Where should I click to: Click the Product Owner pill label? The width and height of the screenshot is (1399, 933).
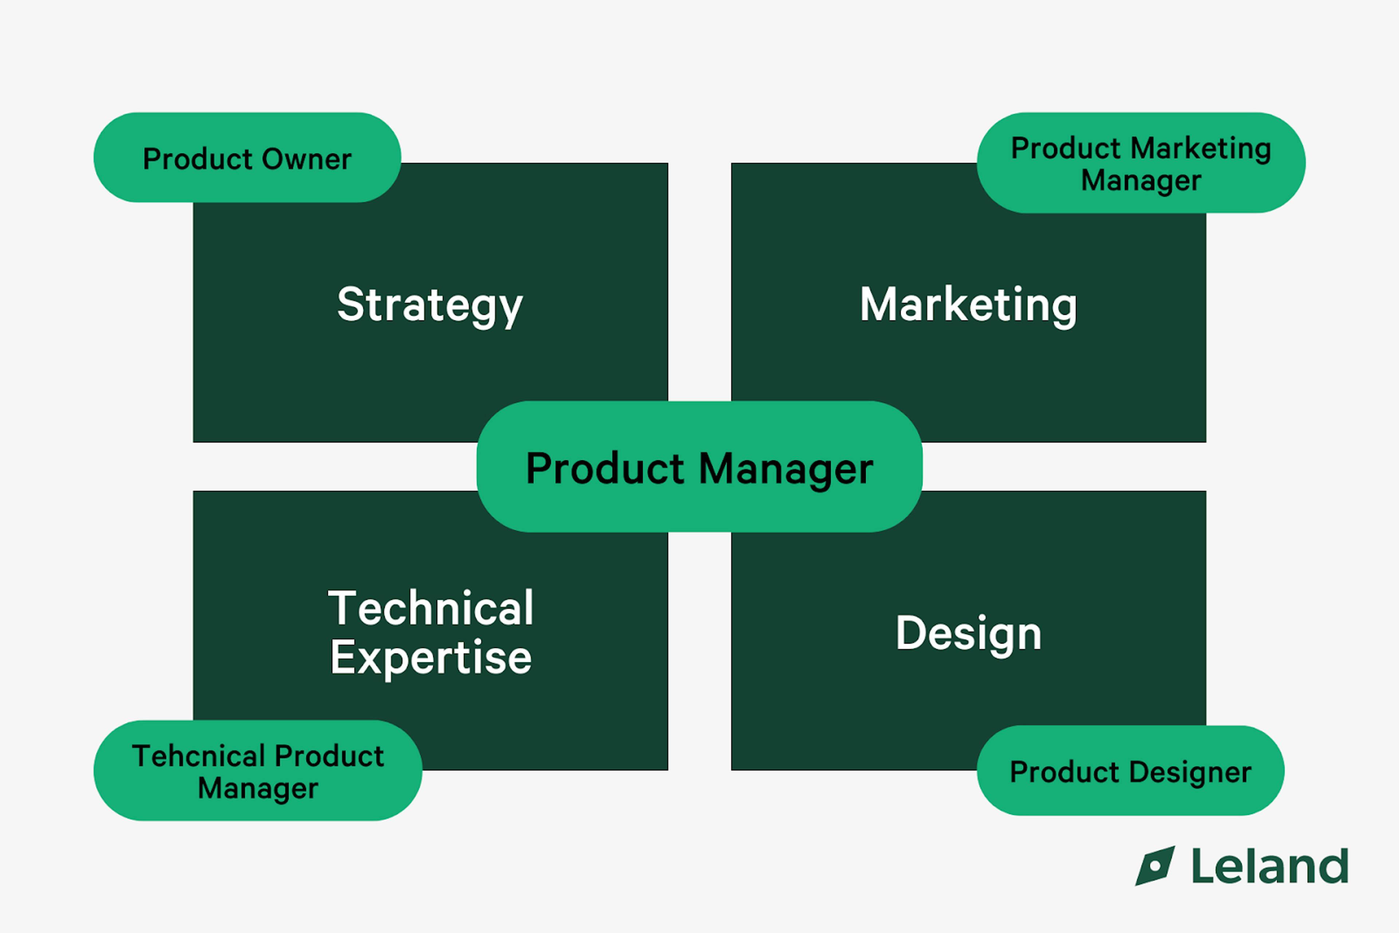click(x=247, y=158)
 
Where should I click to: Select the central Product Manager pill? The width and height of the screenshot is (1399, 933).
click(x=699, y=467)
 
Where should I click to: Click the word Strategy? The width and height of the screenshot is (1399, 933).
click(x=430, y=305)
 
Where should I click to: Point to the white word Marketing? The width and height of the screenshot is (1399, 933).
click(x=968, y=305)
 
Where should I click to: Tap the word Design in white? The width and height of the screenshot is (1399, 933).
click(x=968, y=634)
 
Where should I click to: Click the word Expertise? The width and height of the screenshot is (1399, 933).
click(x=431, y=658)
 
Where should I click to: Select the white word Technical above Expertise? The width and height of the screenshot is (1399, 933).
click(x=431, y=608)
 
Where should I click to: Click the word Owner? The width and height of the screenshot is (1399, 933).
click(x=306, y=159)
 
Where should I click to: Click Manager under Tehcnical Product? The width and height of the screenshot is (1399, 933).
click(x=258, y=788)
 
